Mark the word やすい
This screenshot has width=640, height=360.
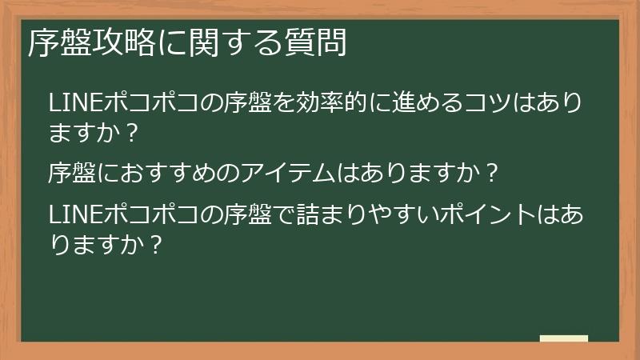(x=399, y=215)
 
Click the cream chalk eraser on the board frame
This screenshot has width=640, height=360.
(x=563, y=339)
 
